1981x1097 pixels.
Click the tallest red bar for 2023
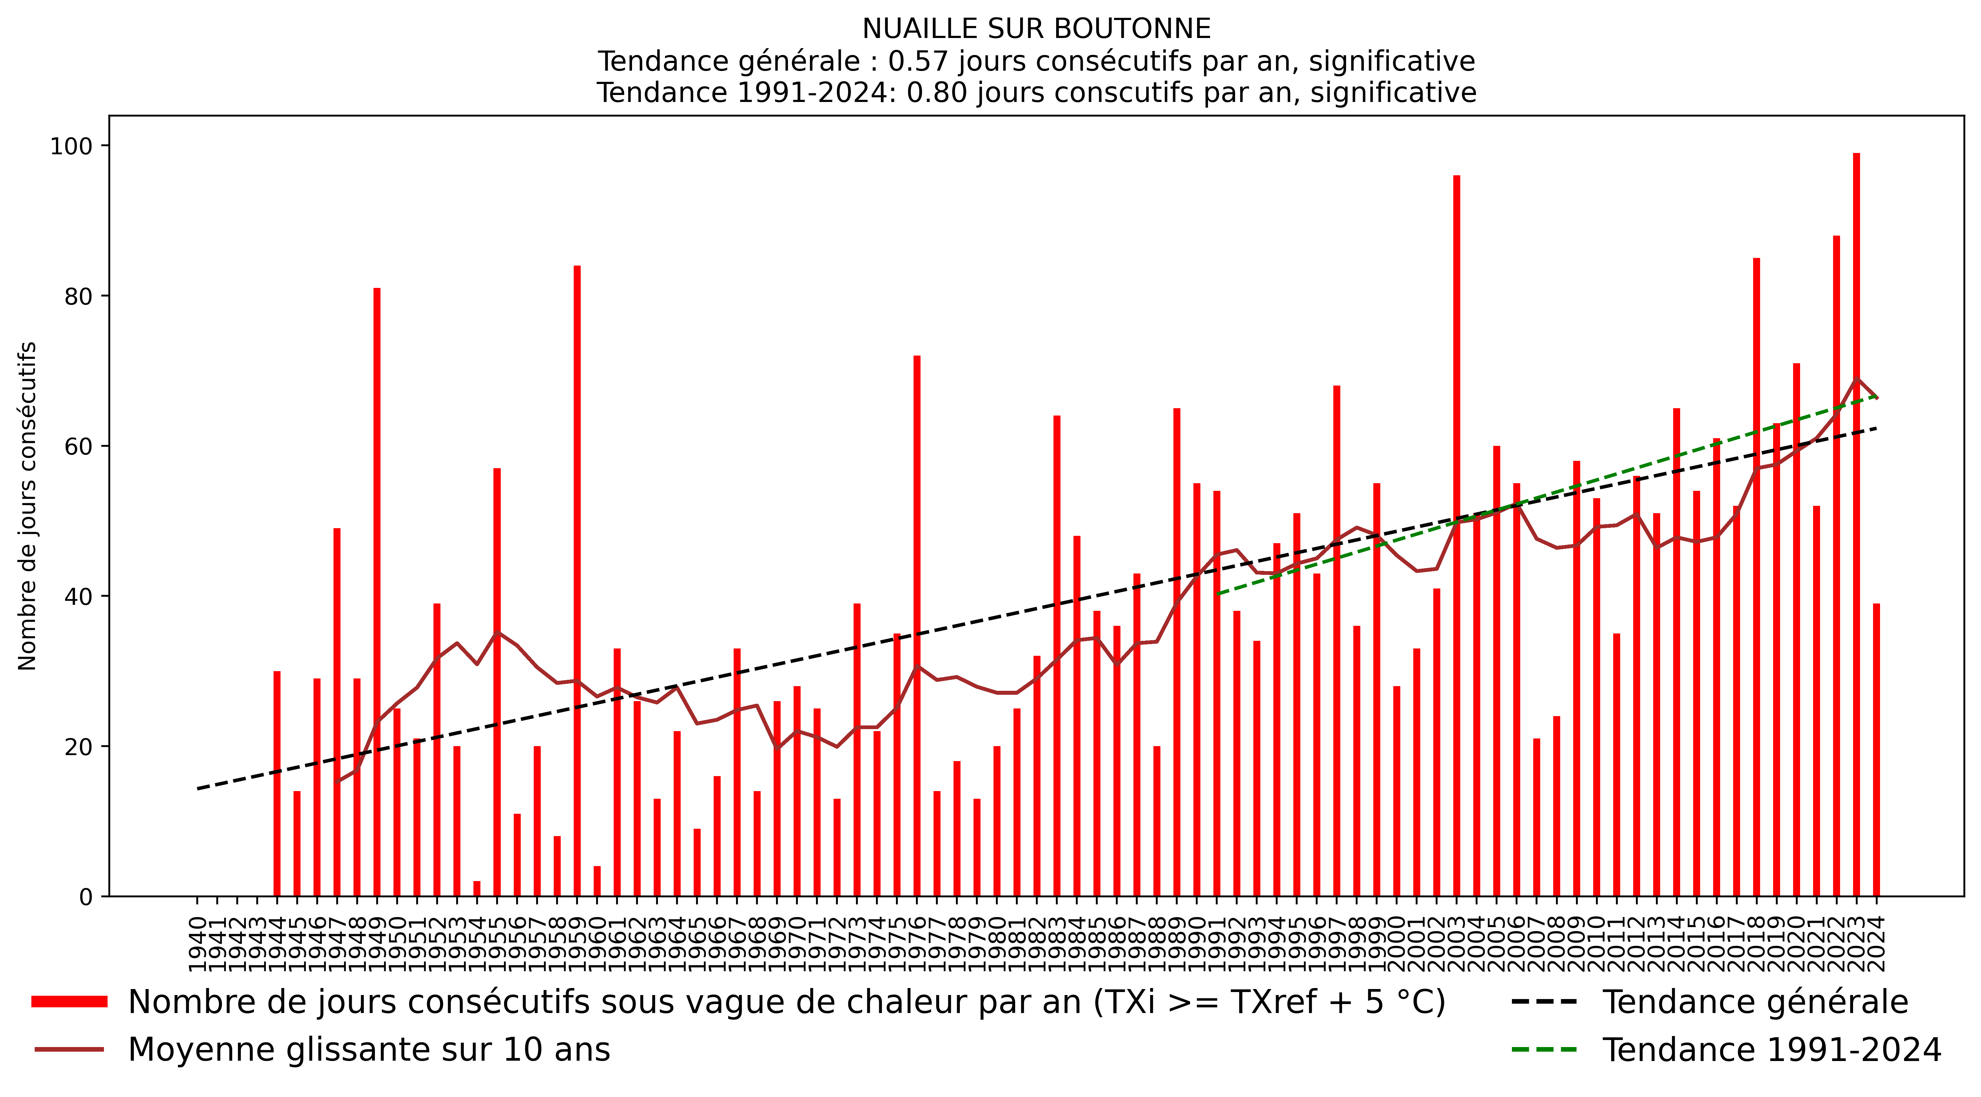pyautogui.click(x=1856, y=523)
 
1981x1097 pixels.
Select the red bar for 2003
pyautogui.click(x=1457, y=539)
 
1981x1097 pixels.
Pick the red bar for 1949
pyautogui.click(x=377, y=592)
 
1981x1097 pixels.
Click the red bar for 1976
pyautogui.click(x=917, y=627)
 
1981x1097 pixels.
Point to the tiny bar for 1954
pyautogui.click(x=477, y=888)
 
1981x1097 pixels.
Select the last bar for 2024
pyautogui.click(x=1876, y=750)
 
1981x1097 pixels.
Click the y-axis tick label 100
pyautogui.click(x=71, y=146)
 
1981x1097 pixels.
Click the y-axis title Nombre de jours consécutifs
pyautogui.click(x=28, y=506)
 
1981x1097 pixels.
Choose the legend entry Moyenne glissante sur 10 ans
pyautogui.click(x=369, y=1050)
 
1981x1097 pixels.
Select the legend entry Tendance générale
pyautogui.click(x=1755, y=1002)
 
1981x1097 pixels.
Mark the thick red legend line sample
pyautogui.click(x=69, y=1002)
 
